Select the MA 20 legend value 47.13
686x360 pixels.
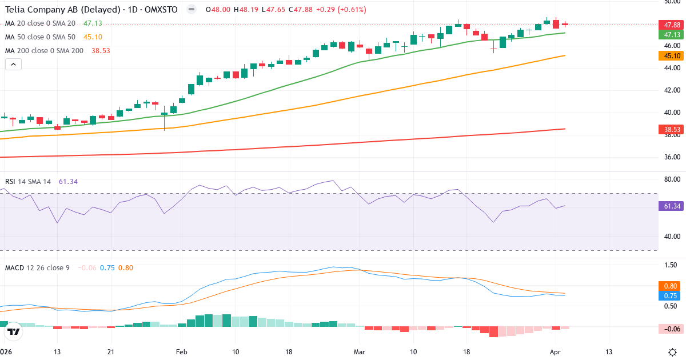pos(93,23)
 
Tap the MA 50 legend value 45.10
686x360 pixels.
pos(93,37)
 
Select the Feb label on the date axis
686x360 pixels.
pos(182,351)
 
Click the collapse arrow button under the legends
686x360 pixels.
pos(13,64)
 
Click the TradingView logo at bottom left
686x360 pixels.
pos(14,331)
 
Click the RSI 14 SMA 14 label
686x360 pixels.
pos(28,182)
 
